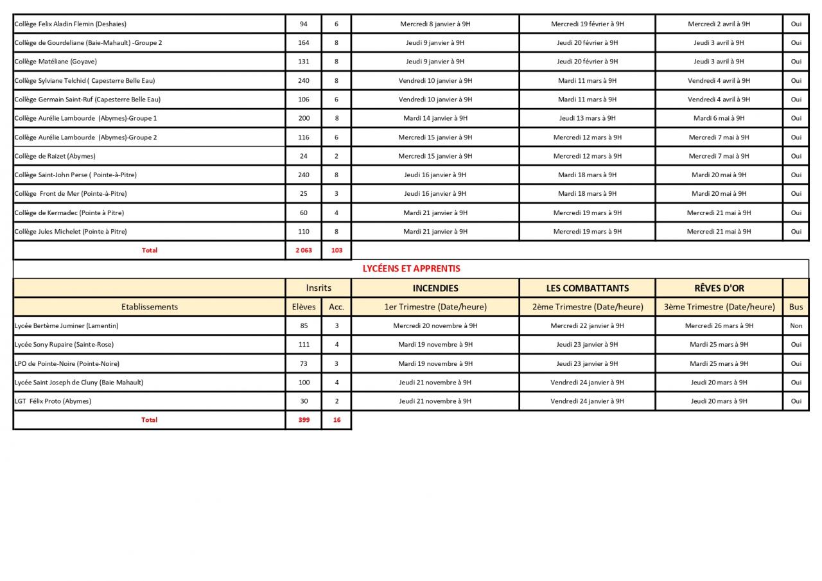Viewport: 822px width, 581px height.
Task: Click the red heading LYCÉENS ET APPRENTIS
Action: pos(411,269)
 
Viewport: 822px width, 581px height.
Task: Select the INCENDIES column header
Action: pos(435,288)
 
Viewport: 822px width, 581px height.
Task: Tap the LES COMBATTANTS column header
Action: pos(587,288)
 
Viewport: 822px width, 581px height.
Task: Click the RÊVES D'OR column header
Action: pos(719,288)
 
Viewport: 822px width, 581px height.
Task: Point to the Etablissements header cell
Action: pos(149,307)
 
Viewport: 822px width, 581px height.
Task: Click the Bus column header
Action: pos(796,307)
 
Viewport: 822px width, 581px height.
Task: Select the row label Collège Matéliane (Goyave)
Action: pos(56,62)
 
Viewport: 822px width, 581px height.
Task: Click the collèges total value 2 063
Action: pos(304,250)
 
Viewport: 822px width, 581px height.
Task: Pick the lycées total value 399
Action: pos(304,420)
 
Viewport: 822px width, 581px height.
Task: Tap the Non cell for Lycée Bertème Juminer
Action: pos(796,325)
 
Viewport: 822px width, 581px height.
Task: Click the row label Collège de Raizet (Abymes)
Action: pos(55,156)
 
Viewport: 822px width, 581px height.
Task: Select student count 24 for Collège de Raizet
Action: pos(304,156)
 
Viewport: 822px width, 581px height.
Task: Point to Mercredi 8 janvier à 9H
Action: pos(435,24)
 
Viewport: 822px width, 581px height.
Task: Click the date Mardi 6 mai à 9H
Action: pos(719,118)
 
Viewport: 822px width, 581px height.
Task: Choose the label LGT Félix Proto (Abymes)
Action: pos(53,401)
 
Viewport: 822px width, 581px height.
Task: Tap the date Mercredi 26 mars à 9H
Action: pos(719,325)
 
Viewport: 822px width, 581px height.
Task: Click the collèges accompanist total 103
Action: pos(337,250)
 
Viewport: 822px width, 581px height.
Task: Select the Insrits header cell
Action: pos(319,288)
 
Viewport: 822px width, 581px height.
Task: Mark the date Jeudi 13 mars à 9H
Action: pos(587,118)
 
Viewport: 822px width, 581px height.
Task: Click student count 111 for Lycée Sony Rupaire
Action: pos(304,345)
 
